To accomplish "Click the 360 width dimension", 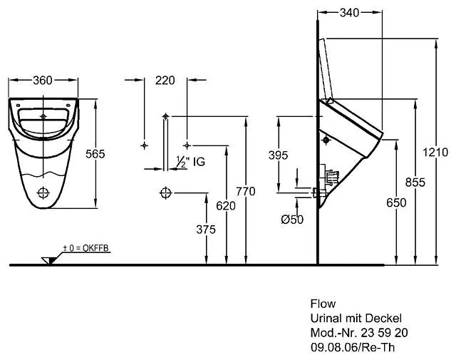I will [43, 81].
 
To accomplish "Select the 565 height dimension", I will [95, 154].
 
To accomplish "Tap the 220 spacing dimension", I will [165, 81].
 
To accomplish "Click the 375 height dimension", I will [206, 229].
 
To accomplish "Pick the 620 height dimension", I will [226, 205].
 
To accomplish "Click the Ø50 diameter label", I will [292, 220].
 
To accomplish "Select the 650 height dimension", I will [396, 202].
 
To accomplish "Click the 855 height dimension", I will [415, 182].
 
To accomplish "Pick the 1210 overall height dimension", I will [435, 152].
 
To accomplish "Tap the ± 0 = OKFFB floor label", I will [86, 247].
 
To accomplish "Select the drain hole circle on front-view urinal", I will [44, 192].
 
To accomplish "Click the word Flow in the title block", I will [322, 304].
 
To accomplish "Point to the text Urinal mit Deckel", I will [356, 318].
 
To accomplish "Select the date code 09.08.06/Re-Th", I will [351, 347].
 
